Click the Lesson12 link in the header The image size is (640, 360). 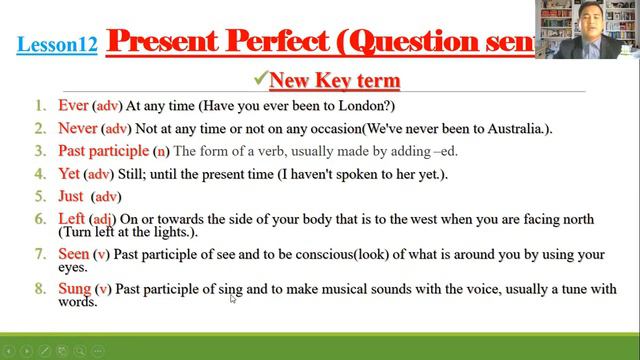click(x=57, y=45)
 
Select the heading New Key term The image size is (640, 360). click(x=329, y=80)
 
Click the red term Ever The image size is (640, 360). click(x=73, y=105)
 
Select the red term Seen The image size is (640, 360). click(x=74, y=254)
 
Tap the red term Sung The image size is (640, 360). click(x=75, y=289)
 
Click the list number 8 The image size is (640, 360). click(x=39, y=289)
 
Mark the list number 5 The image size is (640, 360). click(x=39, y=196)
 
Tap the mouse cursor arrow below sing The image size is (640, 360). click(x=233, y=298)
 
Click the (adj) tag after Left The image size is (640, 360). click(x=103, y=219)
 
